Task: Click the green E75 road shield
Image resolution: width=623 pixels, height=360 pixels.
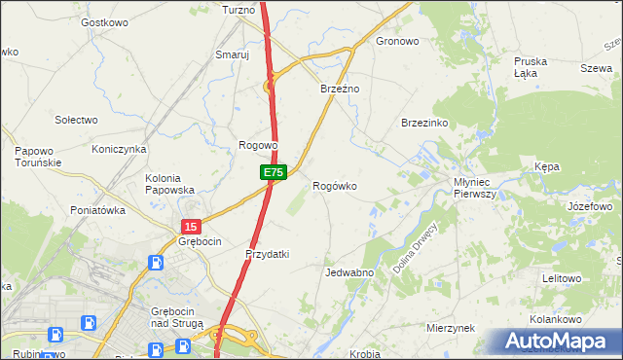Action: pos(273,172)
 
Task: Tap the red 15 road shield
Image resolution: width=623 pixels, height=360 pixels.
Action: pos(190,226)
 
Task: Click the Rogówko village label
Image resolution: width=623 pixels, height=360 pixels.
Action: pos(334,186)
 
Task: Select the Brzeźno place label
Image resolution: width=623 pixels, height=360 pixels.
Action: pos(341,89)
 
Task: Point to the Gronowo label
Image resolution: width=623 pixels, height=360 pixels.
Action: pos(397,42)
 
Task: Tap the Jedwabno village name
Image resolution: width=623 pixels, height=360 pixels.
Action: pos(350,273)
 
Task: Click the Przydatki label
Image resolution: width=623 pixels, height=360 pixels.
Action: pos(267,254)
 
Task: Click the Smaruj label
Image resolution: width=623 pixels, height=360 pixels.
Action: pos(233,55)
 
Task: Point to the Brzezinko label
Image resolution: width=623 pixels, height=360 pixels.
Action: pos(424,124)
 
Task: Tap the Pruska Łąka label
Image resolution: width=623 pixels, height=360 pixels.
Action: pos(531,67)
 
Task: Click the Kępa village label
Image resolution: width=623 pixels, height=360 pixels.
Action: pos(547,167)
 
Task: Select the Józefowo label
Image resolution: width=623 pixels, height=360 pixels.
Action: pos(589,207)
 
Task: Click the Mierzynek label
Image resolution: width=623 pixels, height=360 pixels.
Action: pos(450,329)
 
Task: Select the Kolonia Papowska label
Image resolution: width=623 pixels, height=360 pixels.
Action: pos(169,184)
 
